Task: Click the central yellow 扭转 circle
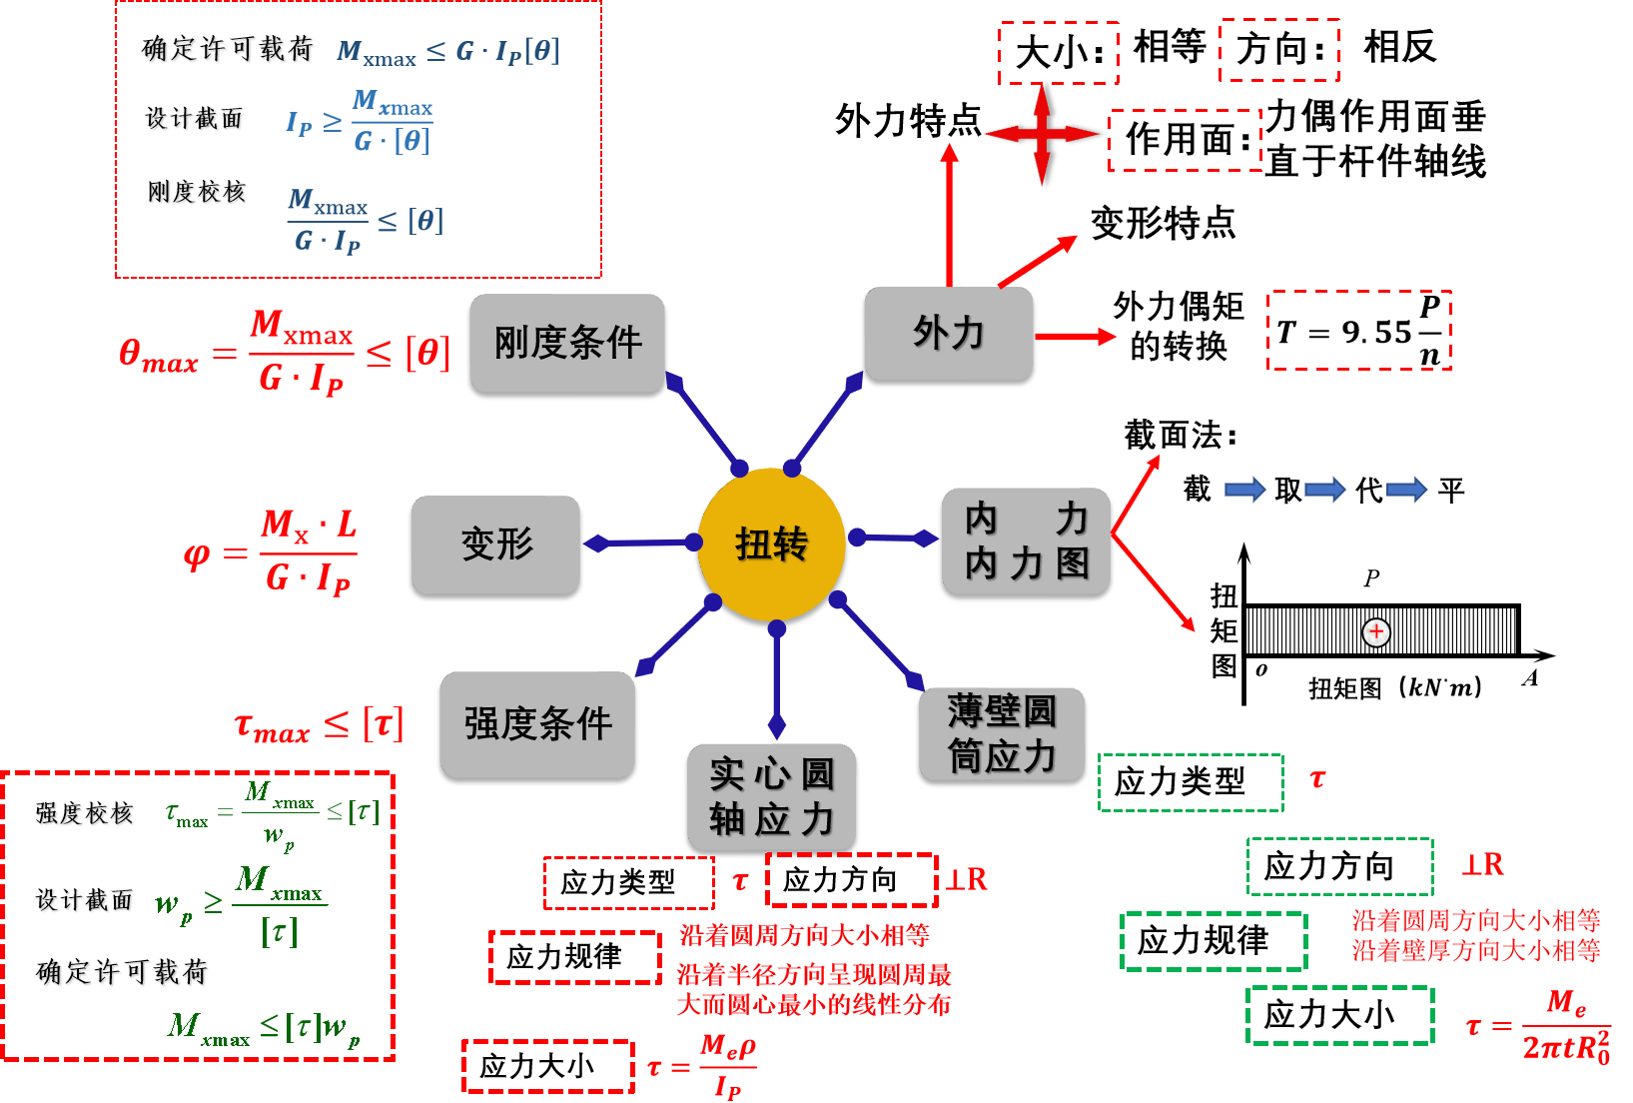pos(771,544)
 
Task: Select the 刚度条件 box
pos(567,343)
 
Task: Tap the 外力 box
pos(948,333)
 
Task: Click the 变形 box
pos(495,545)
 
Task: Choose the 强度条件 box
pos(537,724)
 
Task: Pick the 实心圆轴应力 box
pos(771,796)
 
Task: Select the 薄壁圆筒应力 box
pos(1001,733)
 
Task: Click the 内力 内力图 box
pos(1026,541)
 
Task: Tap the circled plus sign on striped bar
pos(1376,631)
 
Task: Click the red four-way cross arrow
pos(1041,134)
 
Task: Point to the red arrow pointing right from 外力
pos(1076,337)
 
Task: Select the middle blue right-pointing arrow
pos(1325,490)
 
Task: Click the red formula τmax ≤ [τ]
pos(319,725)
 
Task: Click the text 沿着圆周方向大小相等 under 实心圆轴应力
pos(804,935)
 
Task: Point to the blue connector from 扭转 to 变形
pos(640,544)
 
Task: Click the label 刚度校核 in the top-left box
pos(198,193)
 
